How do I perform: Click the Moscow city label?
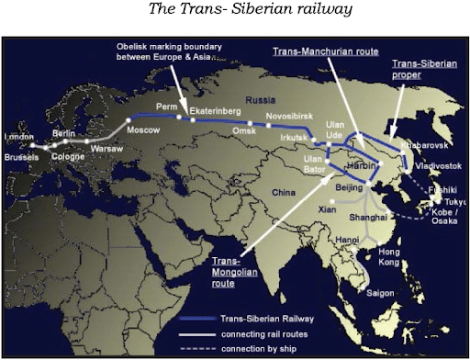(142, 130)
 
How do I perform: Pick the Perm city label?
(167, 107)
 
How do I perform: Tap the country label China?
(285, 191)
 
